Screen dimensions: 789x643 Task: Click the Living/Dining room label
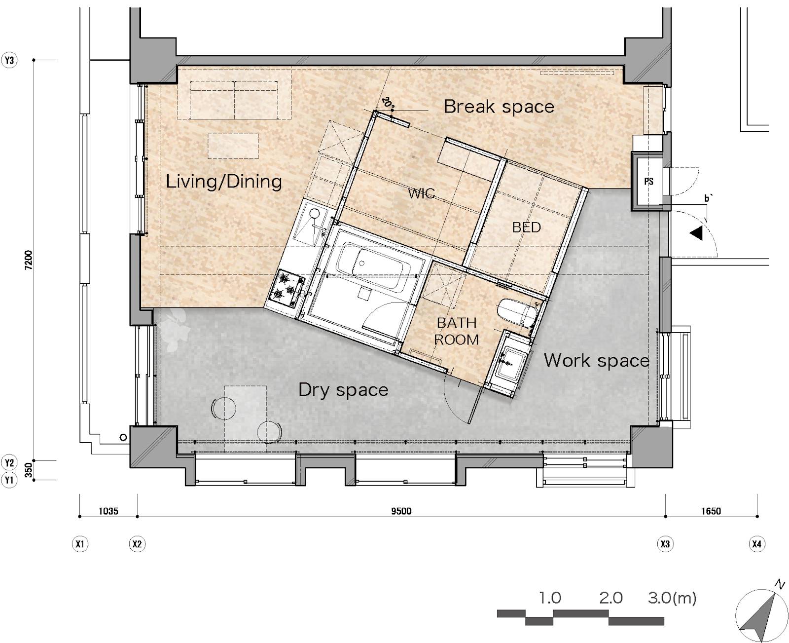tap(223, 182)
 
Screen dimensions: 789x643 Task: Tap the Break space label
tap(499, 107)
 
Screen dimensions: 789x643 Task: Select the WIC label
tap(421, 193)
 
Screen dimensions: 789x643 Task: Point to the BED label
tap(526, 227)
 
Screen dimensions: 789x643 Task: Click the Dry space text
tap(343, 390)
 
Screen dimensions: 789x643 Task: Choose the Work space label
tap(596, 360)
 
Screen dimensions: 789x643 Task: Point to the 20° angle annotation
tap(387, 103)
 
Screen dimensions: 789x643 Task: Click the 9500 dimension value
tap(401, 511)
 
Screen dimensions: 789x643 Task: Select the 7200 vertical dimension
tap(29, 260)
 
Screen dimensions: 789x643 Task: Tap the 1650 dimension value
tap(711, 511)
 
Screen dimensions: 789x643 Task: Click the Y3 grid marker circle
tap(9, 60)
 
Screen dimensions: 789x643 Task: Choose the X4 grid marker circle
tap(756, 544)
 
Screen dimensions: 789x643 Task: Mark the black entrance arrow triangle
tap(696, 233)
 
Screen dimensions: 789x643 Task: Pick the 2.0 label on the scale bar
tap(611, 598)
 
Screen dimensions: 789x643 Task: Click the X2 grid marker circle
tap(137, 544)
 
